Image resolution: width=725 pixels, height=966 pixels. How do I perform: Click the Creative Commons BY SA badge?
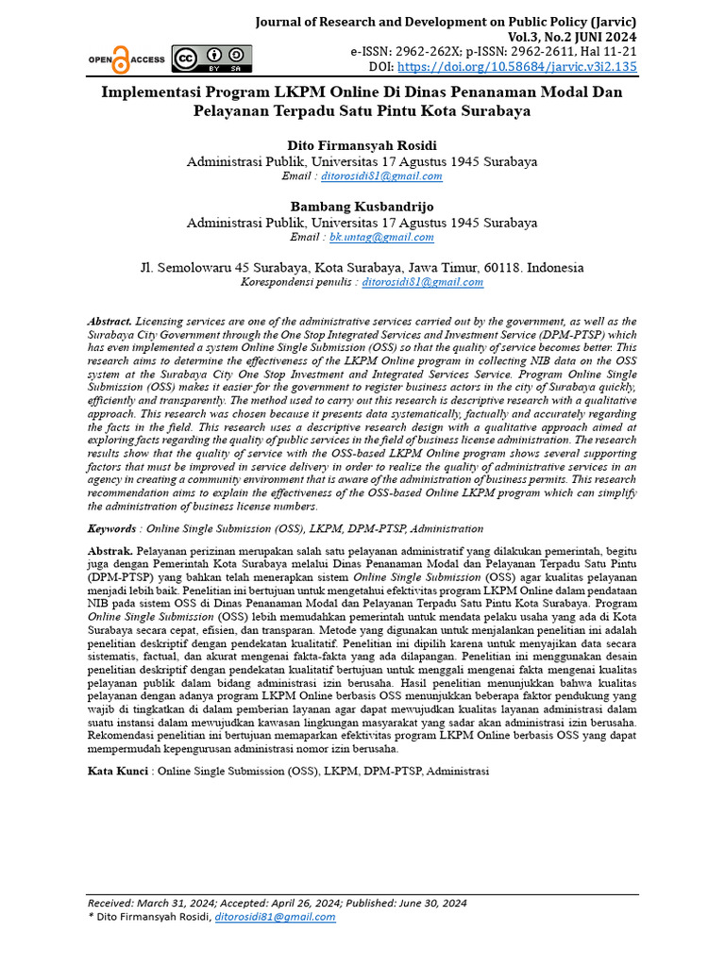211,58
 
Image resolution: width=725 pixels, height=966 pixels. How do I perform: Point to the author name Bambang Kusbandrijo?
362,208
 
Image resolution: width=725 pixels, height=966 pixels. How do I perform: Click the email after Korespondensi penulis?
423,282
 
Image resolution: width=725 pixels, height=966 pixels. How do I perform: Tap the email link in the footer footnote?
275,916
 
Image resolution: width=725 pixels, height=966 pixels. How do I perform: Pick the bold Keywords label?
111,529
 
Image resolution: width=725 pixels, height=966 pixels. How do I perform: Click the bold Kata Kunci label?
118,771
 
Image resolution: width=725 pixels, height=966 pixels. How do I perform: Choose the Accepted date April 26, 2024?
300,903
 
